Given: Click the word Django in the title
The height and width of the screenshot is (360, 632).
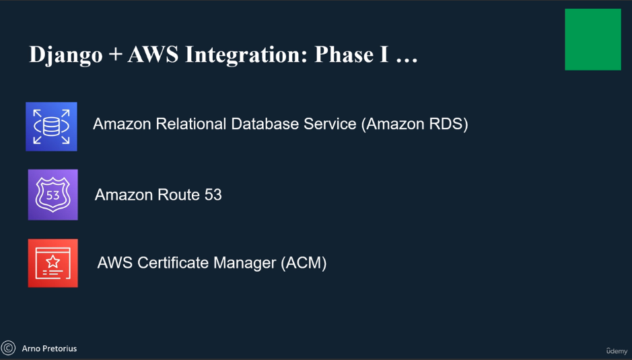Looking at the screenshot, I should pos(65,55).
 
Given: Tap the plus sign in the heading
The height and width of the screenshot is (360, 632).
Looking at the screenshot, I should pos(115,55).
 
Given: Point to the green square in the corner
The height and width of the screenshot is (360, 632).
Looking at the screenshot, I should pos(592,39).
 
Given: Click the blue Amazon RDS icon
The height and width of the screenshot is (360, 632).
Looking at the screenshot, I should pos(51,127).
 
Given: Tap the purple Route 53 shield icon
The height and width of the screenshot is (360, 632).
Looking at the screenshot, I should pos(52,194).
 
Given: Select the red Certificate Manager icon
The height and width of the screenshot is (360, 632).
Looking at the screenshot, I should pos(52,263).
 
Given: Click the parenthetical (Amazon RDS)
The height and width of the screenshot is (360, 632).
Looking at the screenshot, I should pos(415,124).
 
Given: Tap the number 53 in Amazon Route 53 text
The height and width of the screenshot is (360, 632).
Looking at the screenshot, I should pos(213,195).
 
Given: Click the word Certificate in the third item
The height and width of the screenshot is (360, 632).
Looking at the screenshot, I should pos(174,262).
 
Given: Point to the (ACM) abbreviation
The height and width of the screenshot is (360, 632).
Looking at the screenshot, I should pos(304,262).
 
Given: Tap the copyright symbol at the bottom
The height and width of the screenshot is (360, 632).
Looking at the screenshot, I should pos(8,348).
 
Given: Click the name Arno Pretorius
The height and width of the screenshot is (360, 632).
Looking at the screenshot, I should pos(49,349).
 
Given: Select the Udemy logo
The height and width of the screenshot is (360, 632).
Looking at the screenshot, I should pos(617,351).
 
